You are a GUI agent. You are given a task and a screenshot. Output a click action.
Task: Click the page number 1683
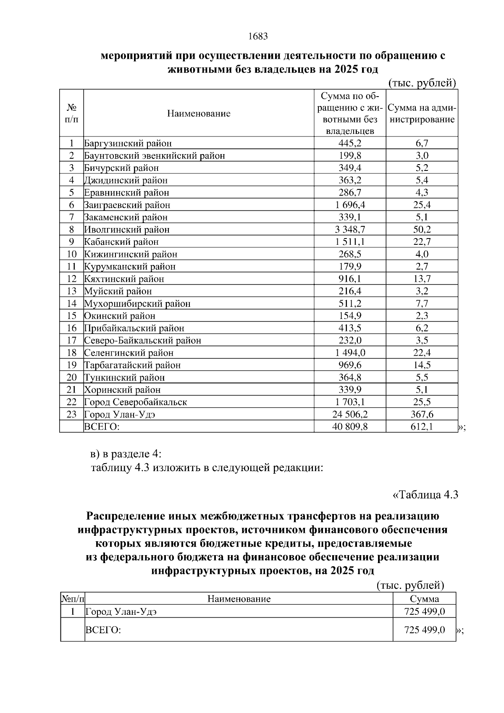point(258,37)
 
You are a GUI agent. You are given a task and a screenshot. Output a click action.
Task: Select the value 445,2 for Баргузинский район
point(350,143)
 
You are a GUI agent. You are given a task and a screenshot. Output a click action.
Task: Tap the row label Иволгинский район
point(127,230)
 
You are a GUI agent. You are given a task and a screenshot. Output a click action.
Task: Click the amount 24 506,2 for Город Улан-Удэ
point(350,414)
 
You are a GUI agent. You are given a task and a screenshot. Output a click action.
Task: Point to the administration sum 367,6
point(422,414)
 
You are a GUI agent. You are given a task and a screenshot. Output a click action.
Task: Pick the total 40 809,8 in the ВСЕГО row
point(350,427)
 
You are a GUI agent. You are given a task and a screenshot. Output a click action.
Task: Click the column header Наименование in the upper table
point(199,113)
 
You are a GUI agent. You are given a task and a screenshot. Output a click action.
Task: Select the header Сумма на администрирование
point(422,113)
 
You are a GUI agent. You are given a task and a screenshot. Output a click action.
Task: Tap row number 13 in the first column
point(71,291)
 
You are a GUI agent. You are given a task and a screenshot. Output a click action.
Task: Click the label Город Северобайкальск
point(136,402)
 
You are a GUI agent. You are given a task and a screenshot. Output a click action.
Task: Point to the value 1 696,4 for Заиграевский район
point(350,205)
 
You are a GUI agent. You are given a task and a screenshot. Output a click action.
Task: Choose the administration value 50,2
point(422,230)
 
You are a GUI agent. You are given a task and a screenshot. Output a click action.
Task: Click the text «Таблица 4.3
point(425,494)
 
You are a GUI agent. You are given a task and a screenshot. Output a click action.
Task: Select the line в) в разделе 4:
point(126,454)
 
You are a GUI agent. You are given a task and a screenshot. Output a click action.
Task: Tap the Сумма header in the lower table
point(424,599)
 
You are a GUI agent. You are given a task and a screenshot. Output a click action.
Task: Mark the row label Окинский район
point(120,316)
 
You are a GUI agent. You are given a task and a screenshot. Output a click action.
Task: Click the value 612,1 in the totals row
point(422,427)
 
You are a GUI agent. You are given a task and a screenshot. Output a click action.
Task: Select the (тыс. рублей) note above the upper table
point(422,83)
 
